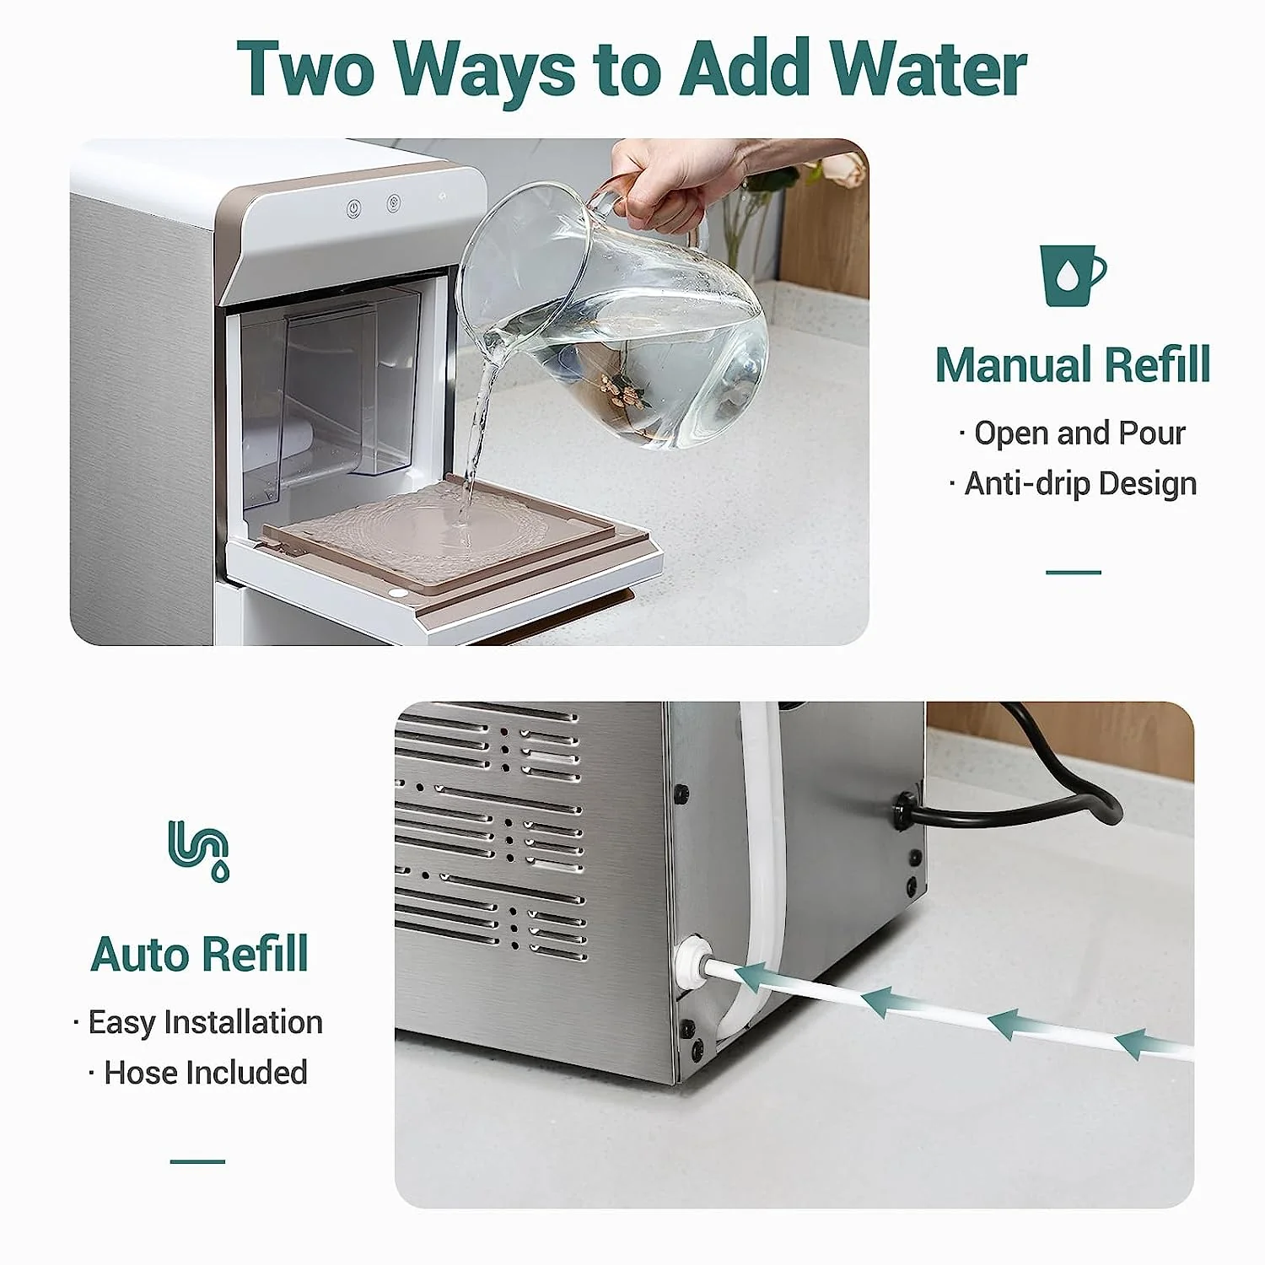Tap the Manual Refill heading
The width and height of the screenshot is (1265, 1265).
pyautogui.click(x=1073, y=364)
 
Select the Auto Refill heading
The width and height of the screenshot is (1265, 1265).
pyautogui.click(x=199, y=954)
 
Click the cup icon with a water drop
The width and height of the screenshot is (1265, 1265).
pyautogui.click(x=1071, y=276)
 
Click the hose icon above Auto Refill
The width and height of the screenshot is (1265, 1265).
pyautogui.click(x=199, y=849)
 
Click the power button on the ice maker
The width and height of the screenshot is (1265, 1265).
pyautogui.click(x=354, y=207)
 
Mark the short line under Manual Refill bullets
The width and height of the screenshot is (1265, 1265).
pyautogui.click(x=1073, y=573)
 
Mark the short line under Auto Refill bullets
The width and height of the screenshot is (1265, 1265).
pyautogui.click(x=198, y=1161)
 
